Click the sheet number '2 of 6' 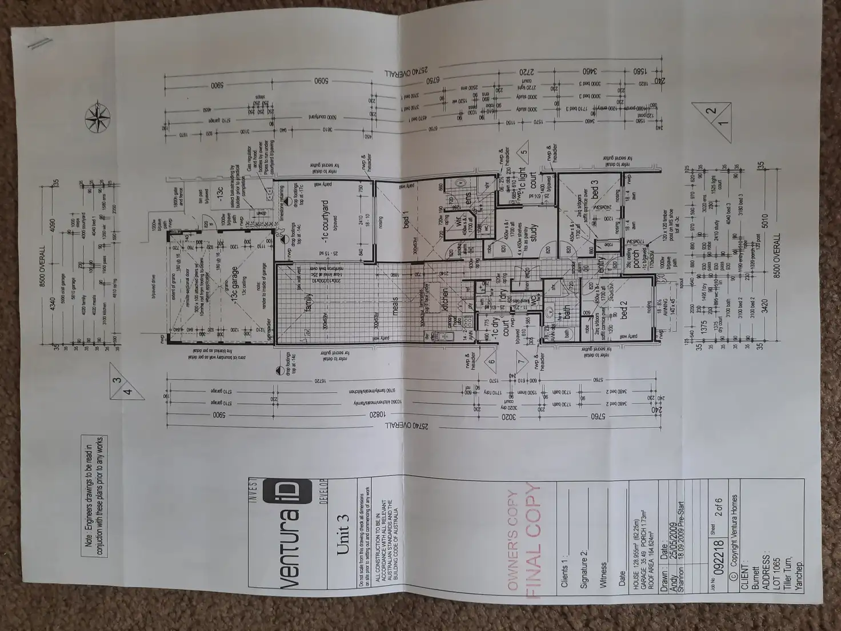tap(719, 512)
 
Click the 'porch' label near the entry tap(635, 260)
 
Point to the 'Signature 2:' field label tap(583, 568)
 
